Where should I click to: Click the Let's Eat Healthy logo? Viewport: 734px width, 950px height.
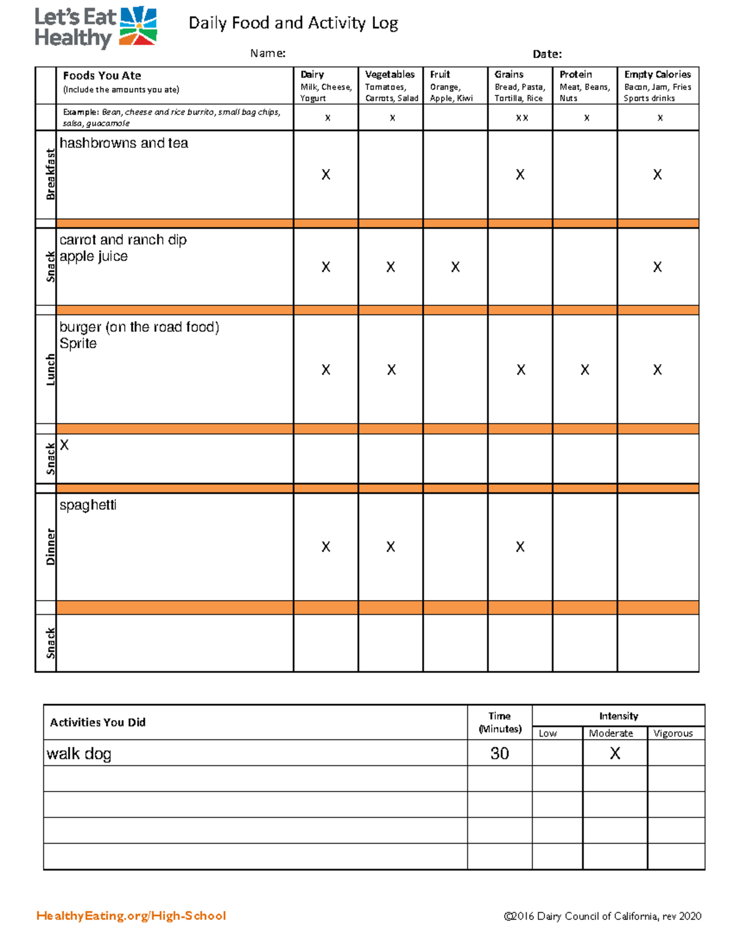[95, 28]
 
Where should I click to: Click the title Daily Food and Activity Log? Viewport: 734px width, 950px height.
[293, 23]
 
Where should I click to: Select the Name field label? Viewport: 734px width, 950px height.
[267, 53]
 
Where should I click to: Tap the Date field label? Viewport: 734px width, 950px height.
[547, 54]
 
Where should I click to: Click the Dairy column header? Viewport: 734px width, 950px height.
[313, 75]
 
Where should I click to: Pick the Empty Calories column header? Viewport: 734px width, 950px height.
[657, 75]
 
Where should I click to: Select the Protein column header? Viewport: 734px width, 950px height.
[576, 75]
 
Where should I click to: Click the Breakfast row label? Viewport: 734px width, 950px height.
[50, 174]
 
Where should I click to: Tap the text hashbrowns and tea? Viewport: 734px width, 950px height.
[124, 143]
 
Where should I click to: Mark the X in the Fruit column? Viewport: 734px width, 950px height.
[455, 267]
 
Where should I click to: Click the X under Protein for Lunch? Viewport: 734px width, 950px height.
[585, 370]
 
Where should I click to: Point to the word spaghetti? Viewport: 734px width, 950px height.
[87, 505]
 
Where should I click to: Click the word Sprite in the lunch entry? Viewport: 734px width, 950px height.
[78, 344]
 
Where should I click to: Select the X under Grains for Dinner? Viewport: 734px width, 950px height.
[520, 547]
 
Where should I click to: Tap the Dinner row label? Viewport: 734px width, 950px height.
[50, 546]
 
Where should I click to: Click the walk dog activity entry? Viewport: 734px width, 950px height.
[79, 754]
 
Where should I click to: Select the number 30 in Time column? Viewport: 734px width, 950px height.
[499, 754]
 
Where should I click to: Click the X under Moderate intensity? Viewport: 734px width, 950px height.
[615, 754]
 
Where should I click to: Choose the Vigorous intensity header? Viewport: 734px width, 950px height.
[673, 733]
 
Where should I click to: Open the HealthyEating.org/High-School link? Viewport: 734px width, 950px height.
[131, 916]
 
